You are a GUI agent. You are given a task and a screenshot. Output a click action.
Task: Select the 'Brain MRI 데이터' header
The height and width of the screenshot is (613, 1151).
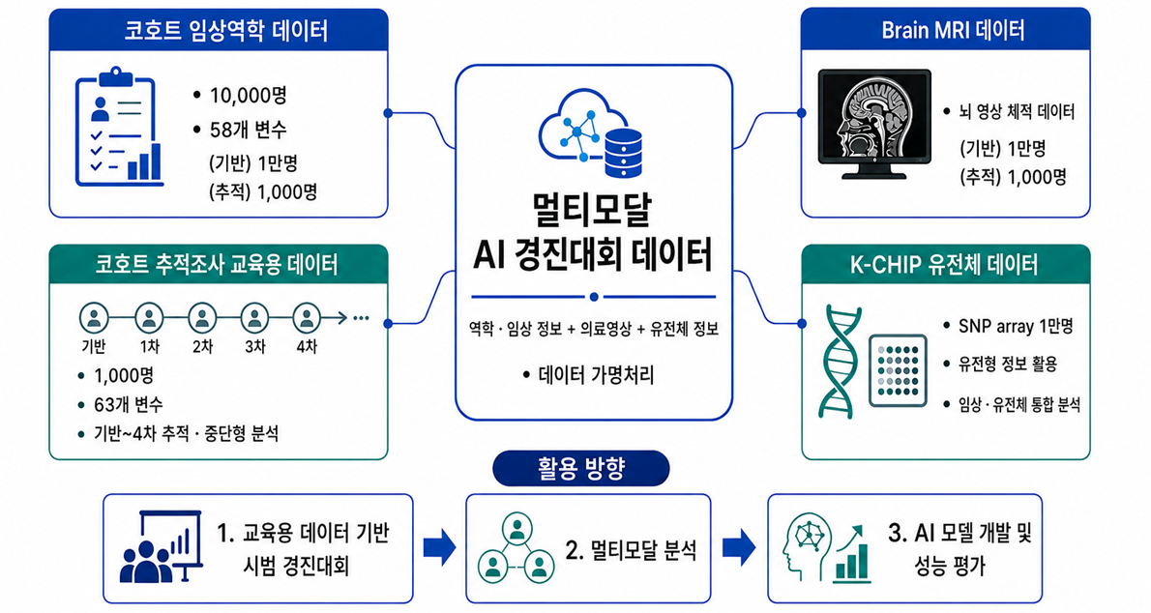click(953, 31)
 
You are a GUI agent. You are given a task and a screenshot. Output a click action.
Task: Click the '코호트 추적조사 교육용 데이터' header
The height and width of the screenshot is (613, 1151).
click(217, 264)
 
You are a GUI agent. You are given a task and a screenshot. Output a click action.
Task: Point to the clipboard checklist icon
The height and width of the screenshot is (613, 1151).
click(119, 127)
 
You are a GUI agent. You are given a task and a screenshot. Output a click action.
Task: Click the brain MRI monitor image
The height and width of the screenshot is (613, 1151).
click(874, 124)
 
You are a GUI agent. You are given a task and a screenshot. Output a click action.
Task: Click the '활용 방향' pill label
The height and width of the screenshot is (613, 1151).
click(580, 469)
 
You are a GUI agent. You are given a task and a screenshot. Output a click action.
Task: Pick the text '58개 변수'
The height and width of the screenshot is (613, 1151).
click(249, 130)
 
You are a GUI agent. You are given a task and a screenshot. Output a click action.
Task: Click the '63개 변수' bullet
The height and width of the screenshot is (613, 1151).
click(129, 404)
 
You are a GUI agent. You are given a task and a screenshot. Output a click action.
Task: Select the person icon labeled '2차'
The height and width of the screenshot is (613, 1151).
click(202, 319)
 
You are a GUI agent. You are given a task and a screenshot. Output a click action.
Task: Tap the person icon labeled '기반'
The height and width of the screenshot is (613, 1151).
click(94, 319)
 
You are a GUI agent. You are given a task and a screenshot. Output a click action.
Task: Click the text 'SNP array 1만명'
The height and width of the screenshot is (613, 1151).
click(1016, 326)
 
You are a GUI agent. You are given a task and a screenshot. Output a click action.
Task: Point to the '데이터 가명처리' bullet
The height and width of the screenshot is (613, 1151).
click(596, 375)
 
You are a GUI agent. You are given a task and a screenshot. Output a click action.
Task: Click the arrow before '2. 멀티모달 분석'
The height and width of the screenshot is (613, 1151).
click(440, 547)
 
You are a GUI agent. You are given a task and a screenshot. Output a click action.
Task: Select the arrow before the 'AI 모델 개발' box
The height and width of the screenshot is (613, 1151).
click(739, 547)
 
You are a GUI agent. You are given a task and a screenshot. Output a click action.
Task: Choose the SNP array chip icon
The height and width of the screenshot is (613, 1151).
click(897, 370)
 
